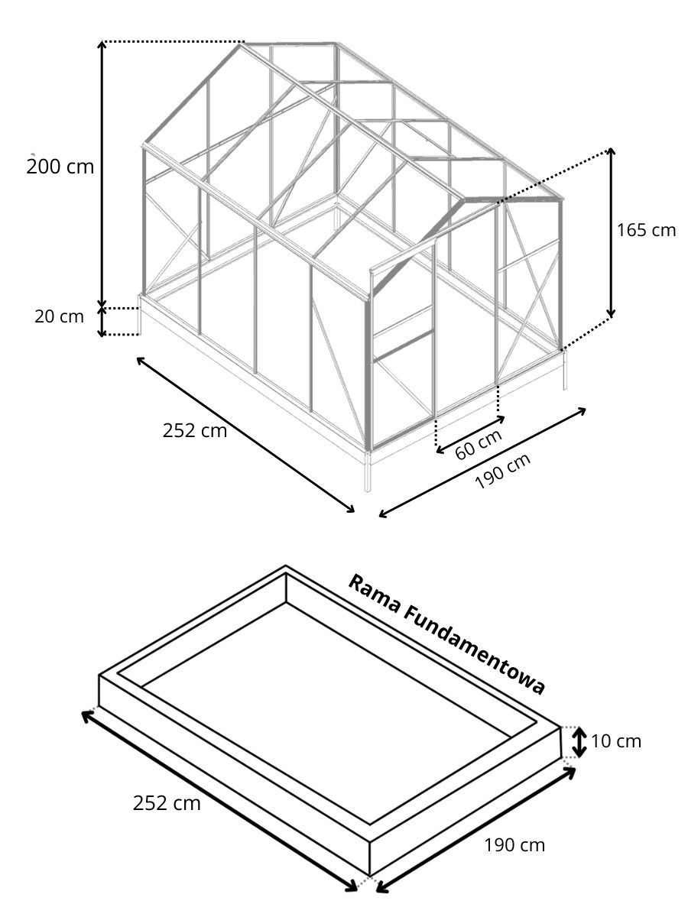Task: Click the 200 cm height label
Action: click(60, 167)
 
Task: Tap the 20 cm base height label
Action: click(60, 316)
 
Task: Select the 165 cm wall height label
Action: click(646, 230)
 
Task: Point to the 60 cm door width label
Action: click(478, 444)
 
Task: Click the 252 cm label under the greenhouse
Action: click(195, 431)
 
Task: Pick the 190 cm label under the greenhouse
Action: click(502, 471)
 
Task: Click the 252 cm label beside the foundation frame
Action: click(167, 803)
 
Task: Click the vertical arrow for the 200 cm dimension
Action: click(102, 175)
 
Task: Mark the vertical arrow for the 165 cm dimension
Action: click(611, 232)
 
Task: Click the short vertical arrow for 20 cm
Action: click(102, 322)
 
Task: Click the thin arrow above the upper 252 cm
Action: click(245, 435)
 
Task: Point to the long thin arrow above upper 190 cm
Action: click(482, 462)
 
